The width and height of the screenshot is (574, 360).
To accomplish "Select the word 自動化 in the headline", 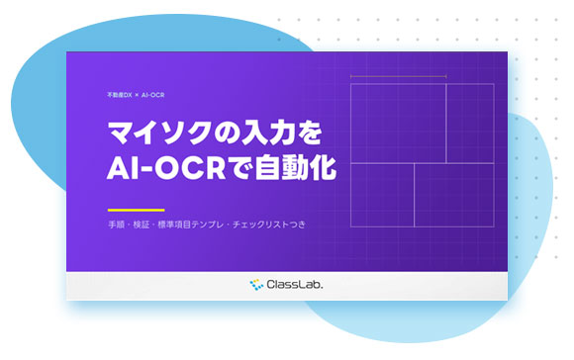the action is (x=296, y=168).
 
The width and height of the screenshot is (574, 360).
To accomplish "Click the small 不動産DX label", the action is (x=120, y=95).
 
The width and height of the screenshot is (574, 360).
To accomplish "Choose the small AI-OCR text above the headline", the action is (x=152, y=95).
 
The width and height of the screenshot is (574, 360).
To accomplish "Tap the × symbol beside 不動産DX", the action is (x=137, y=95).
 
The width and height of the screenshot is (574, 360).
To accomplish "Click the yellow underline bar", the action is (x=137, y=210).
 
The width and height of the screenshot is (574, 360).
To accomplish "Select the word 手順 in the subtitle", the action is (x=117, y=225).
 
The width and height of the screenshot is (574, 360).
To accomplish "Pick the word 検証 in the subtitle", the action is (x=142, y=225).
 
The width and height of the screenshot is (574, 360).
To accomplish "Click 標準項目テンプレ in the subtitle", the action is (x=190, y=225).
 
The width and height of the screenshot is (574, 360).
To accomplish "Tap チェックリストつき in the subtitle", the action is (x=269, y=225).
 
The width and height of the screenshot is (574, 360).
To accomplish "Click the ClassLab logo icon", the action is (x=256, y=284).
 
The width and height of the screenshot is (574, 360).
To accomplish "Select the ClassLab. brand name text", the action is (x=295, y=284).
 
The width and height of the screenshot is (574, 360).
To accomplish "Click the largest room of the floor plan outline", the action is (x=398, y=124).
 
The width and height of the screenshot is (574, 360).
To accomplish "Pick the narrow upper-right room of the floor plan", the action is (x=470, y=124).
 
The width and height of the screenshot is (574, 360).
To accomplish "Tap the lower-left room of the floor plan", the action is (x=382, y=195).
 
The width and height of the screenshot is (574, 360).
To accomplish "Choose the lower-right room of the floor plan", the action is (x=454, y=195).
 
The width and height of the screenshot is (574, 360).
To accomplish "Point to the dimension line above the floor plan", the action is (x=398, y=77).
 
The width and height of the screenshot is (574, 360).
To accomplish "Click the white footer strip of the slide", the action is (x=287, y=286).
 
